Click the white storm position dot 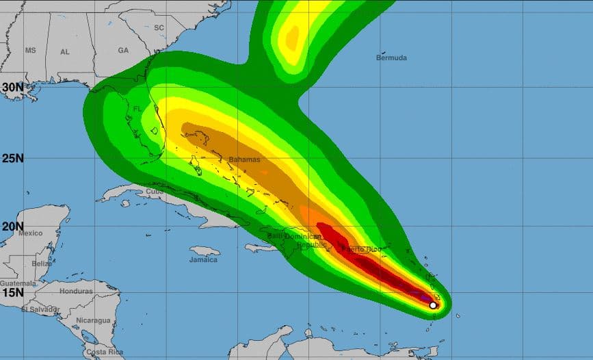click(432, 305)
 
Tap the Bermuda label click(391, 58)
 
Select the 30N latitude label click(13, 88)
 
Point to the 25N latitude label click(13, 159)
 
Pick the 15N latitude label click(13, 292)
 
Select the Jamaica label click(203, 259)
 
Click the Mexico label click(31, 233)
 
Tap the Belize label click(42, 263)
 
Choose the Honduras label click(75, 291)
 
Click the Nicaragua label click(94, 320)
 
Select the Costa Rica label click(105, 352)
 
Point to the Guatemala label click(18, 283)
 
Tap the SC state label click(159, 27)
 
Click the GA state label click(123, 51)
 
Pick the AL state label click(65, 52)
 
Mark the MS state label click(30, 51)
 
